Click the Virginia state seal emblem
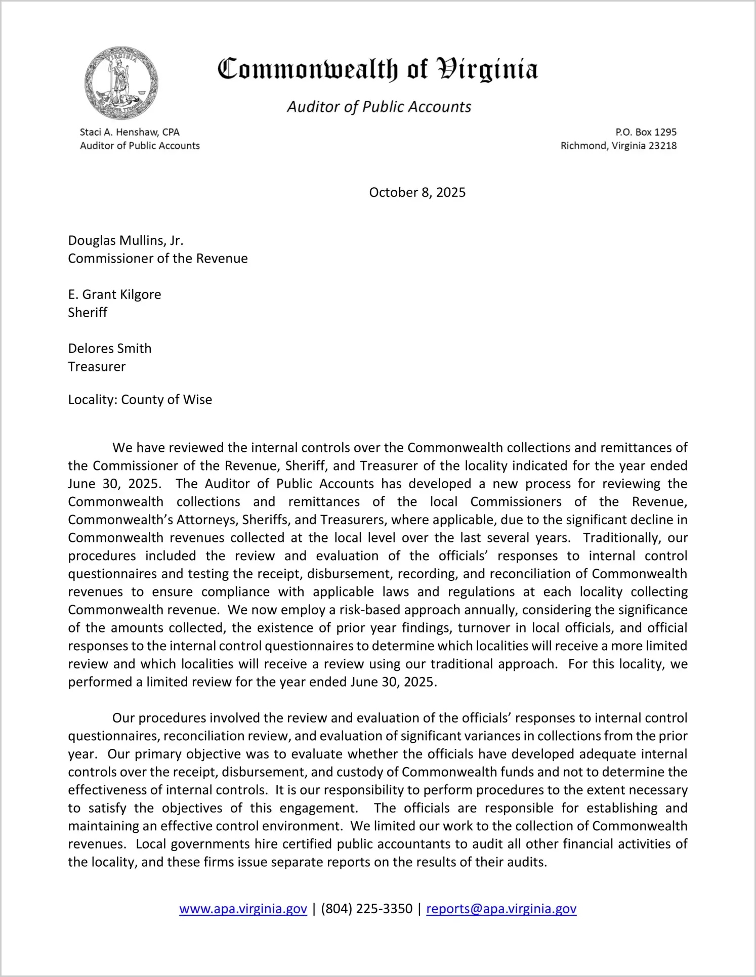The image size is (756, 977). pyautogui.click(x=121, y=83)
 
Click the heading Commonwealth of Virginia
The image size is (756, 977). pyautogui.click(x=377, y=70)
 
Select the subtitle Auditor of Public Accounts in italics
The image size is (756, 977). pyautogui.click(x=379, y=107)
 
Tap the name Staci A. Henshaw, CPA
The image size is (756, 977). pyautogui.click(x=130, y=132)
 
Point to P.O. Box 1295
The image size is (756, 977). pyautogui.click(x=646, y=132)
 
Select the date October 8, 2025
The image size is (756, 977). pyautogui.click(x=417, y=192)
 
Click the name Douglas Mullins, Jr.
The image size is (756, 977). pyautogui.click(x=125, y=240)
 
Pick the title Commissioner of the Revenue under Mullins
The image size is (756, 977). pyautogui.click(x=158, y=259)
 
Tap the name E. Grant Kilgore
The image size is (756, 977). pyautogui.click(x=114, y=294)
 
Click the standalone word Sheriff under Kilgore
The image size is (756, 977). pyautogui.click(x=88, y=313)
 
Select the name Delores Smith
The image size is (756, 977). pyautogui.click(x=110, y=349)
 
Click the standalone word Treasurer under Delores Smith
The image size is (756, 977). pyautogui.click(x=97, y=367)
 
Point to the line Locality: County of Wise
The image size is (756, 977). pyautogui.click(x=140, y=400)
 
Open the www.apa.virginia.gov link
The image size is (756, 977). pyautogui.click(x=243, y=909)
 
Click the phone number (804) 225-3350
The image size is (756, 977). pyautogui.click(x=367, y=909)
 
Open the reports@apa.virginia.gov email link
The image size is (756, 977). pyautogui.click(x=501, y=909)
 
